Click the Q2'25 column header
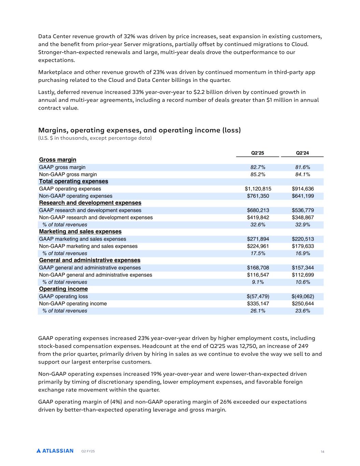258,153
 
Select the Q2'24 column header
302,153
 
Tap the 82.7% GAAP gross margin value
258,167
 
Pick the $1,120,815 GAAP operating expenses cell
258,189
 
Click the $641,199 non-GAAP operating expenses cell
303,196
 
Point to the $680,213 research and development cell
258,210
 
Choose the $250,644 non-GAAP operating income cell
303,303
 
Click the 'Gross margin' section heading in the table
58,160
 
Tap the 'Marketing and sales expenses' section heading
80,231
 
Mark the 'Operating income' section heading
63,289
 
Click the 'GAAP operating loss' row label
63,296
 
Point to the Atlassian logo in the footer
55,451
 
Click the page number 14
322,452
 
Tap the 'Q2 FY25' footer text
88,451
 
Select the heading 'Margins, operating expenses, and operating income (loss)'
139,130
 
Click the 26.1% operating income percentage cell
258,311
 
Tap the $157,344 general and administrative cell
303,268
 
